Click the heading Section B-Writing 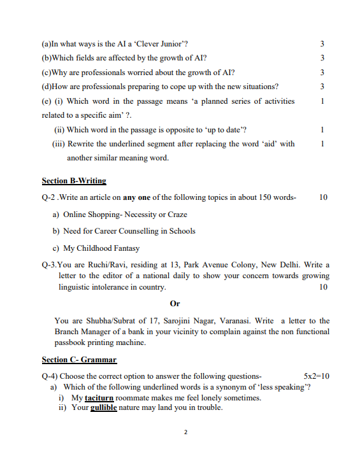point(74,181)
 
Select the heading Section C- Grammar point(79,360)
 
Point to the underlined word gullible point(104,407)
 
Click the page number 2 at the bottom point(185,433)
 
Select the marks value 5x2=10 point(317,376)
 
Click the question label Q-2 point(49,197)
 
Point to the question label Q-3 point(49,265)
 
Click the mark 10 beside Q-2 point(323,197)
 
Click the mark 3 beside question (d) point(322,86)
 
